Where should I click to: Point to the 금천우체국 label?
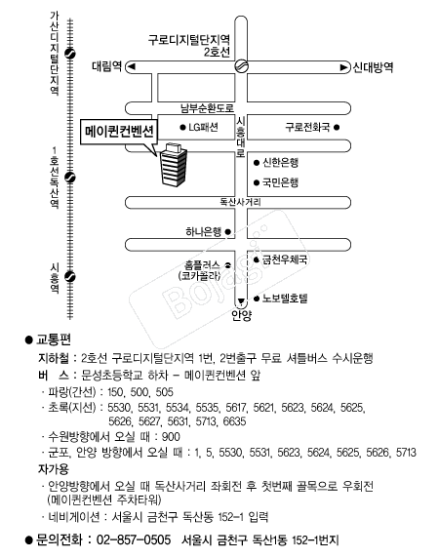coord(284,260)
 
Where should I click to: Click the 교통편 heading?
coord(53,340)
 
